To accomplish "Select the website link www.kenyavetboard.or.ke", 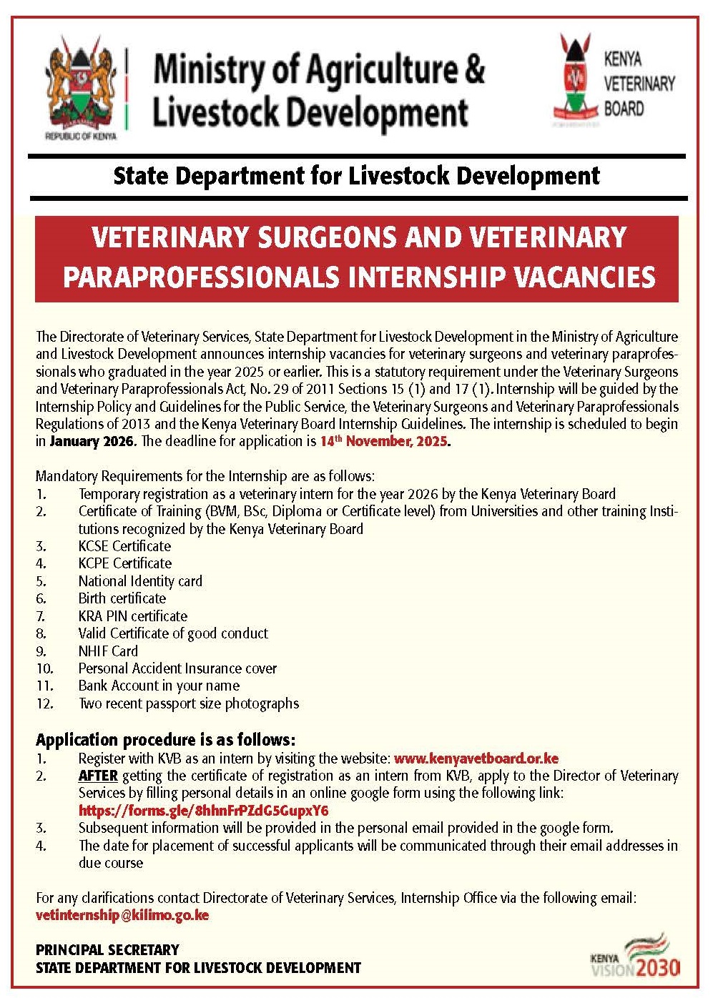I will (x=476, y=759).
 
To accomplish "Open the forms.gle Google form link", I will (x=203, y=811).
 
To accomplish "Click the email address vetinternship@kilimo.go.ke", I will (x=122, y=915).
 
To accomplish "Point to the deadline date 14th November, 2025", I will (x=384, y=441).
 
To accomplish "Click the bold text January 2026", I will (x=92, y=441).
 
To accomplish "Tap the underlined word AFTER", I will (x=98, y=776).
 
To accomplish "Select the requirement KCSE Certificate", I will (x=124, y=546).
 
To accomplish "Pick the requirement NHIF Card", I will (x=108, y=651).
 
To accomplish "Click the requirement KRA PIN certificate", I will (x=133, y=616).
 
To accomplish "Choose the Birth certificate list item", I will (x=122, y=598).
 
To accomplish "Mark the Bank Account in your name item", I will (x=159, y=686).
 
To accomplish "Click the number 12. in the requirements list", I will (x=44, y=703).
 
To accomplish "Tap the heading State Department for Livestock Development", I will (x=356, y=176).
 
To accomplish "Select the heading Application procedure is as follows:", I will (x=165, y=739).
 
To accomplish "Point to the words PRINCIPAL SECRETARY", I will (x=107, y=950).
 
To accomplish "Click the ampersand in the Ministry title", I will (x=473, y=69).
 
